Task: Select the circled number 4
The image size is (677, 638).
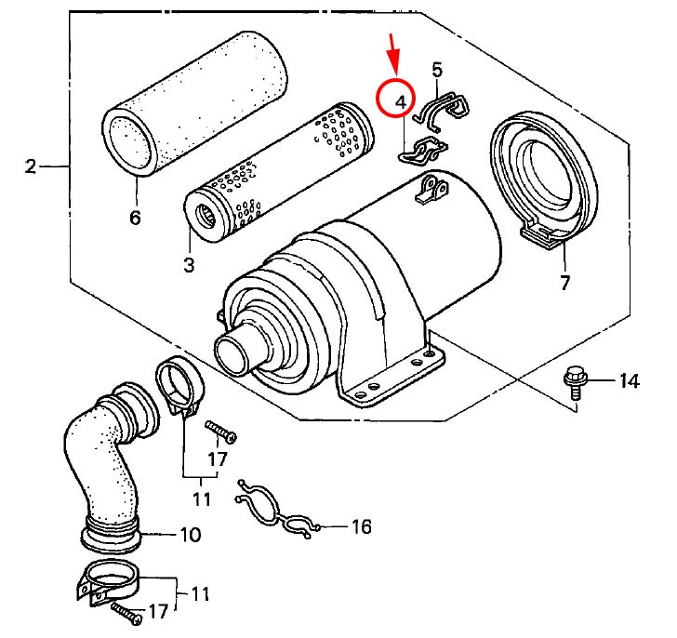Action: (x=401, y=102)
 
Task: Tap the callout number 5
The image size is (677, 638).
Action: (x=437, y=70)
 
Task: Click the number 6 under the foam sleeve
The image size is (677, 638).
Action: (x=135, y=217)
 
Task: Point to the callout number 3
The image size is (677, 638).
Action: (x=189, y=264)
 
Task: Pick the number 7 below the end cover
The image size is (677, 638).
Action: (x=565, y=283)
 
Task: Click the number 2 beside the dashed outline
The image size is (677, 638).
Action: (x=31, y=166)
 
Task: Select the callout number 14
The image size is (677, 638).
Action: (x=629, y=381)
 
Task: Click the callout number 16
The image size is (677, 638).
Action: (x=362, y=526)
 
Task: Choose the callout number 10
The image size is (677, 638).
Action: (x=191, y=535)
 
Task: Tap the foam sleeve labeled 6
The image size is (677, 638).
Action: (x=194, y=103)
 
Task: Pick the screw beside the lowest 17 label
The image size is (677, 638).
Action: (x=126, y=613)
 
